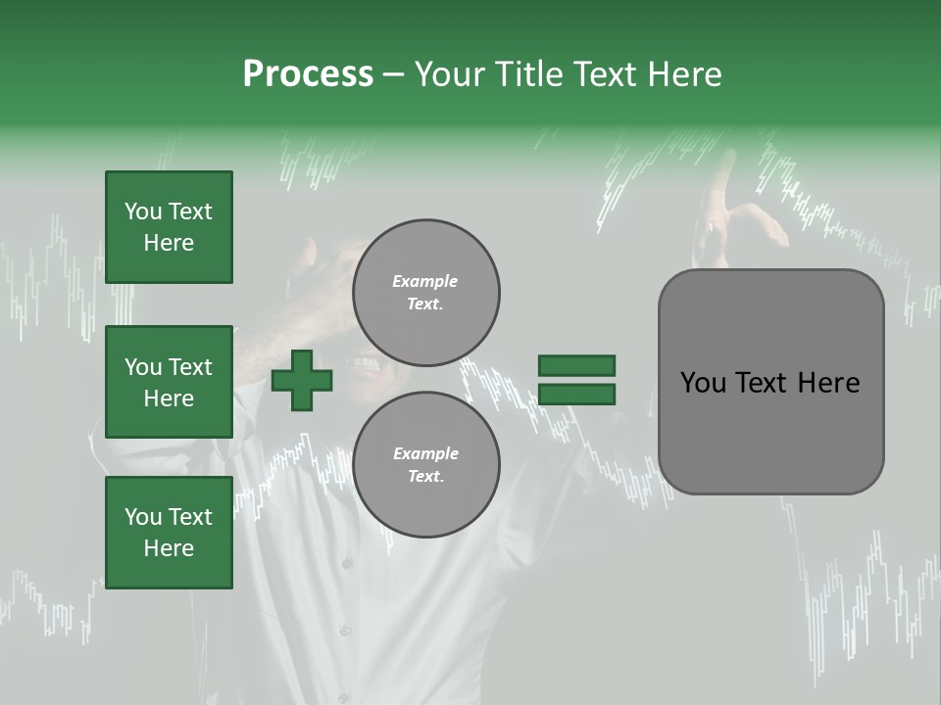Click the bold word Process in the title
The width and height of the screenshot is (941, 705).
(308, 74)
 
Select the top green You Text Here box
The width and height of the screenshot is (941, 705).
(169, 227)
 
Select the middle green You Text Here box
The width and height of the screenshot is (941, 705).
(169, 382)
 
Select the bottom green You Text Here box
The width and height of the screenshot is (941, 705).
(169, 533)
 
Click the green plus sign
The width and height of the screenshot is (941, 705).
(302, 380)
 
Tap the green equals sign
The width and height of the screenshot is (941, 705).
(576, 380)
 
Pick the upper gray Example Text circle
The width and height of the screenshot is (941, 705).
(425, 292)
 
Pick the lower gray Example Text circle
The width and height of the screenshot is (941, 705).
(425, 464)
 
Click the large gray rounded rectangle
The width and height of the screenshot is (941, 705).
(770, 382)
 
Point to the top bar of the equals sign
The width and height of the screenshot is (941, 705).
(576, 366)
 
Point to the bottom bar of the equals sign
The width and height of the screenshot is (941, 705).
(576, 394)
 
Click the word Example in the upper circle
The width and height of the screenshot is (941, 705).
(425, 281)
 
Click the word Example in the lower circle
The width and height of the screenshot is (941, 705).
(425, 453)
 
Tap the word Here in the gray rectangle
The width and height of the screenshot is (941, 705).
(828, 383)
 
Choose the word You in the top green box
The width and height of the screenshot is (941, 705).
(142, 211)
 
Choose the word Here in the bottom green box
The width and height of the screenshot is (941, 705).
(169, 548)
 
